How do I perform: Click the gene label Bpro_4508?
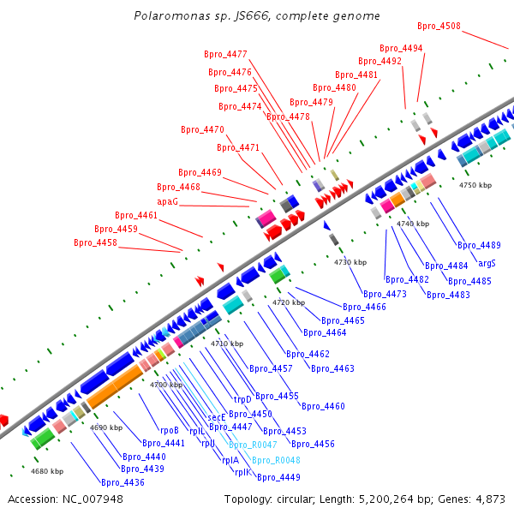pos(439,26)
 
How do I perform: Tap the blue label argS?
pos(487,263)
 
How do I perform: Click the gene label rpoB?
pos(169,430)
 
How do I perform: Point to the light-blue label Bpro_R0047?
pos(252,445)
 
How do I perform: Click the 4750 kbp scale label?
pos(475,185)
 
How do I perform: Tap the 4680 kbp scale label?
pos(47,471)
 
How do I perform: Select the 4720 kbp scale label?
pos(289,302)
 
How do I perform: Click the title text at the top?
pos(257,16)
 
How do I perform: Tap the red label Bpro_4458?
pos(95,242)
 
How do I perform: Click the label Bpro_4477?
pos(225,54)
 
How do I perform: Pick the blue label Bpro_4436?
pos(123,482)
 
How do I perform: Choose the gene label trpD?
pos(242,399)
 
